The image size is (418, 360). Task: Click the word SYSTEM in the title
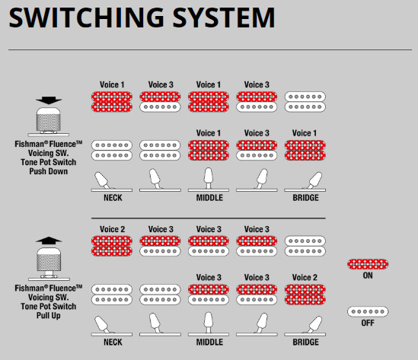pos(223,18)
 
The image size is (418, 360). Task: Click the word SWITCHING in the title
pos(87,18)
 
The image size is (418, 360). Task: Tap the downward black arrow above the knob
pos(49,100)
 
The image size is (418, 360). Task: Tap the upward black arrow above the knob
pos(49,241)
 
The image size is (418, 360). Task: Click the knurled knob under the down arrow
pos(49,119)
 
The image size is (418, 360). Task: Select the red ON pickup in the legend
pos(368,264)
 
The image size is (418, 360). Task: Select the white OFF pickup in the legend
pos(368,311)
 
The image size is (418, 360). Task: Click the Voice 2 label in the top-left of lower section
pos(112,229)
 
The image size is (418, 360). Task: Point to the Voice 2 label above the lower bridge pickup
pos(305,277)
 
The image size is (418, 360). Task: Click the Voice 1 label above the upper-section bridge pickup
pos(304,133)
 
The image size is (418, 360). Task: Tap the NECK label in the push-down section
pos(113,198)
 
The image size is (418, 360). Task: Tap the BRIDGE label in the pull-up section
pos(305,342)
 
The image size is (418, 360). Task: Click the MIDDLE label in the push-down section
pos(209,198)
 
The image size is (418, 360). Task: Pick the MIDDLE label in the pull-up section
pos(209,342)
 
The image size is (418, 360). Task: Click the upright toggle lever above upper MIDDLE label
pos(208,178)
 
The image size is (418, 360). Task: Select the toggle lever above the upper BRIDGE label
pos(314,180)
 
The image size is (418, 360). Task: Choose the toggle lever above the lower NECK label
pos(102,324)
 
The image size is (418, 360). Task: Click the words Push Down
pos(49,171)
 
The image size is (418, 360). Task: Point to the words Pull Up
pos(49,316)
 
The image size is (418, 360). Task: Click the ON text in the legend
pos(368,276)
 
